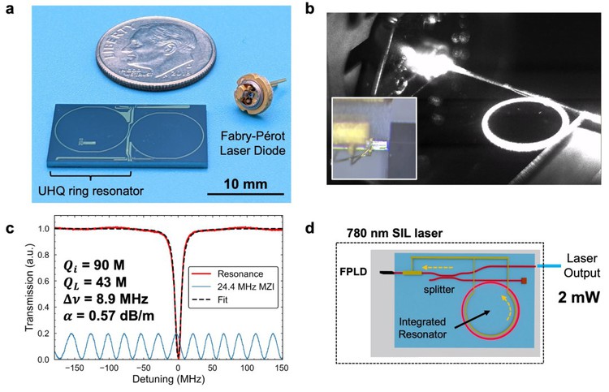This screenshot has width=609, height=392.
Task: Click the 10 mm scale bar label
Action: coord(245,183)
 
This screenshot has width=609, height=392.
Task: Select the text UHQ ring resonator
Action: coord(91,191)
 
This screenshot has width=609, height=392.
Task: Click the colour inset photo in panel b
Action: coord(374,138)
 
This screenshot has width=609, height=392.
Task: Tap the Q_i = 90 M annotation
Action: coord(94,265)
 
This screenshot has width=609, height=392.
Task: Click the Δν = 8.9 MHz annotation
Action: coord(106,299)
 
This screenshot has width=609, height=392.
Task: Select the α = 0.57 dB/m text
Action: coord(109,316)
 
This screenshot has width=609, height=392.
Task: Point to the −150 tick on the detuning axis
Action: coord(72,367)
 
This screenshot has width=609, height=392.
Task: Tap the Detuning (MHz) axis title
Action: coord(169,379)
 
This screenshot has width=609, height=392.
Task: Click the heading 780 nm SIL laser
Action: coord(395,233)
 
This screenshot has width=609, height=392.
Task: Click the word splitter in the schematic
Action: coord(438,289)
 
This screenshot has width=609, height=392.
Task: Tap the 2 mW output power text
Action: coord(579,297)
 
